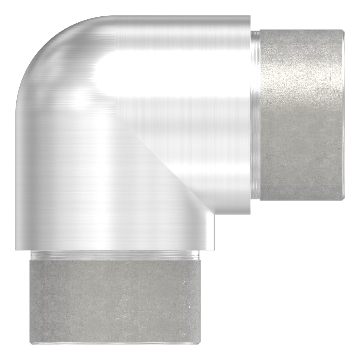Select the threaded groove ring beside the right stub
[256, 115]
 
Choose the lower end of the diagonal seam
[209, 212]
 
